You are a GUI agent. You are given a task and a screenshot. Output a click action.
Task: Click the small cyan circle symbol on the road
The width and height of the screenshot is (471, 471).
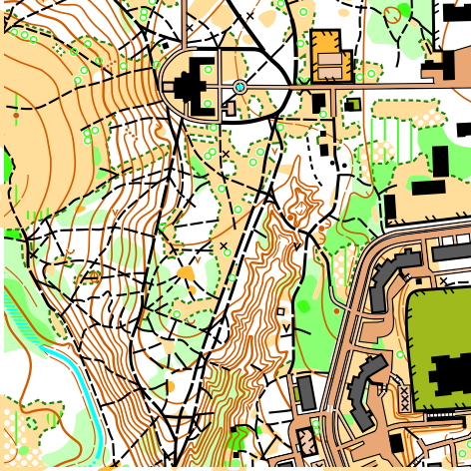click(x=239, y=88)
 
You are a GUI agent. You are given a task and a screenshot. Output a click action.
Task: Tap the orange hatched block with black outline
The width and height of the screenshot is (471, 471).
click(x=326, y=55)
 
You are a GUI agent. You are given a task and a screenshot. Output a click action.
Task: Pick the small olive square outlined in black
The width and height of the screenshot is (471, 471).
click(x=352, y=103)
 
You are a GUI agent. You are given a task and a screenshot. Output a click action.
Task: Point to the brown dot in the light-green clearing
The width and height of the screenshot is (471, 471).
click(x=16, y=116)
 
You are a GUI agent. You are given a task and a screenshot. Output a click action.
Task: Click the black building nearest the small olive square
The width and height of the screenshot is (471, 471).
click(x=320, y=103)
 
